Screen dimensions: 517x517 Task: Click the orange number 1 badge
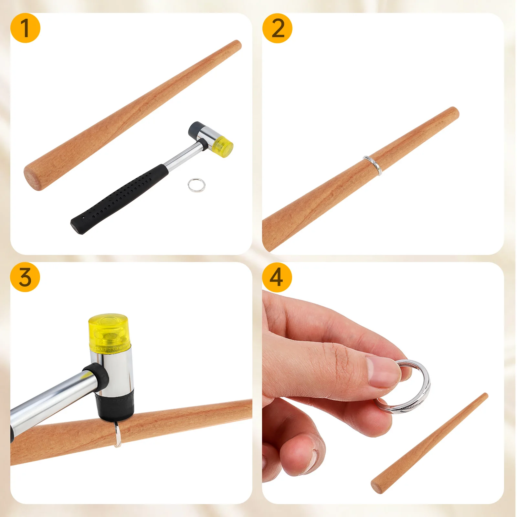(x=25, y=28)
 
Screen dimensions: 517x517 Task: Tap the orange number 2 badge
(x=277, y=28)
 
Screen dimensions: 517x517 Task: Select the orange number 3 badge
(x=25, y=277)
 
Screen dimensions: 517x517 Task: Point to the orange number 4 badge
(x=277, y=277)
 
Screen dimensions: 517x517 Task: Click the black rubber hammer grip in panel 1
(x=120, y=198)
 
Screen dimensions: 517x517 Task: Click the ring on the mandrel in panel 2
(x=373, y=165)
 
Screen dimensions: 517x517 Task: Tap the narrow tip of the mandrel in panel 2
(x=454, y=111)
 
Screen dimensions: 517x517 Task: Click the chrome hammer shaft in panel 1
(x=183, y=155)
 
